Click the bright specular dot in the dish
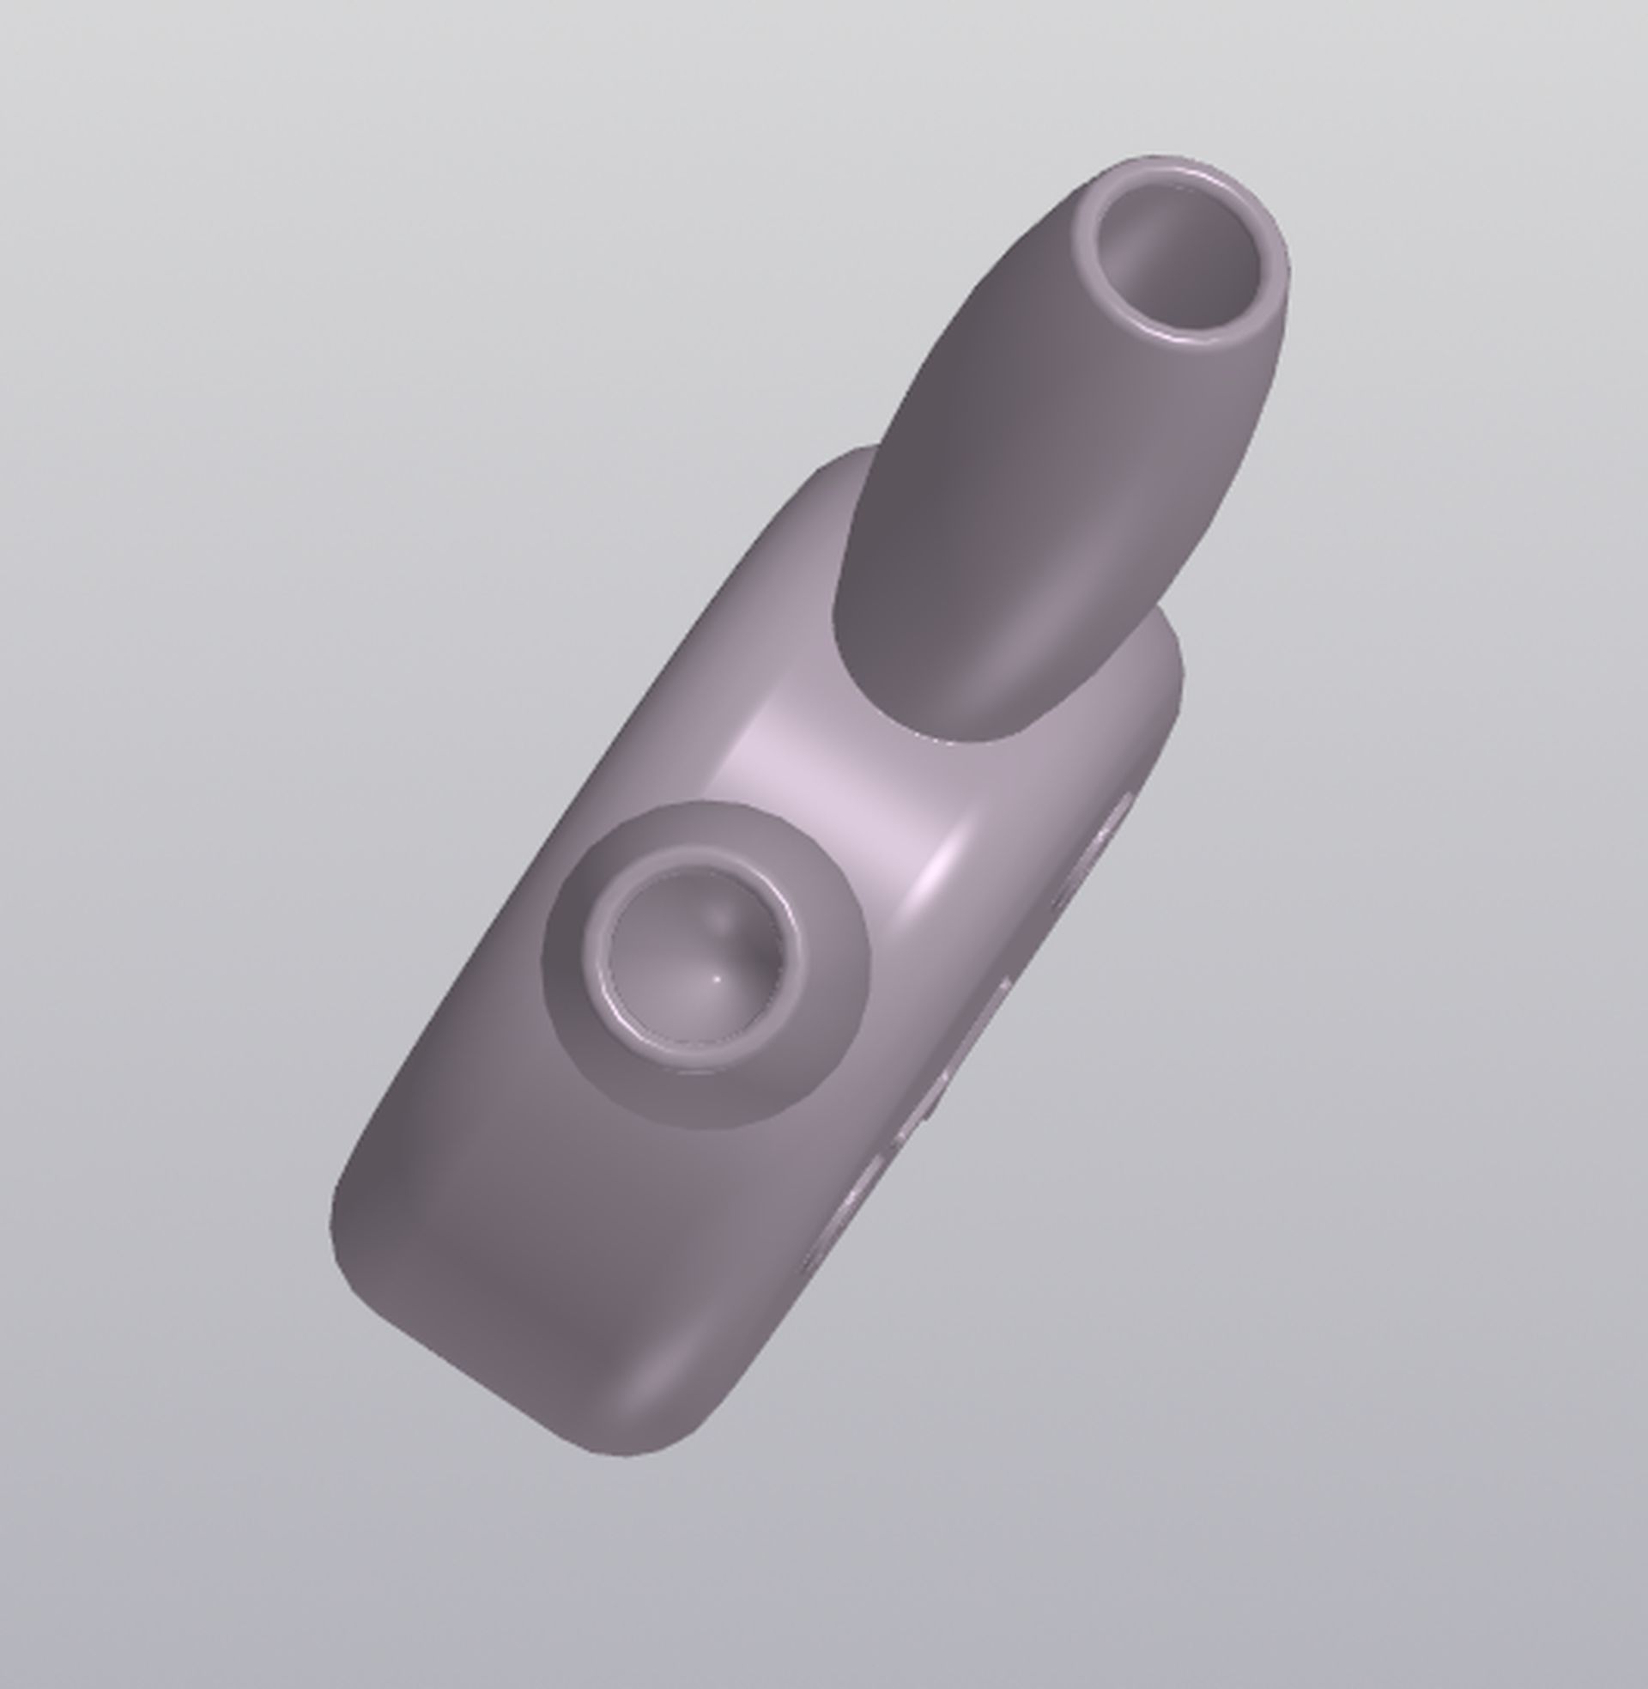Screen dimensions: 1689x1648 [x=718, y=978]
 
